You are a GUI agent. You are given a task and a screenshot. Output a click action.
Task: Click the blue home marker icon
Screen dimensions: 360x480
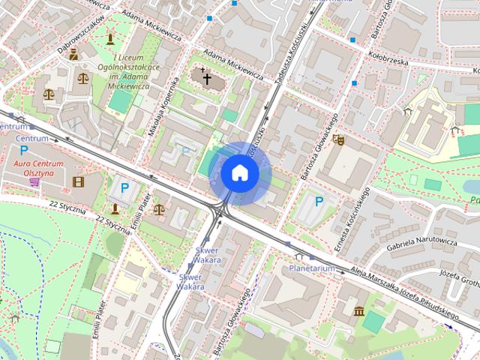point(240,173)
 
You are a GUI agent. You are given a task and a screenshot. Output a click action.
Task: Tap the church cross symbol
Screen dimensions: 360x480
point(207,77)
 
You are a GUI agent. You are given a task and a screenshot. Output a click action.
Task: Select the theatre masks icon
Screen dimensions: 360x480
point(338,139)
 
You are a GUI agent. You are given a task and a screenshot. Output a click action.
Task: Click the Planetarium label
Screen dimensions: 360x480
point(311,268)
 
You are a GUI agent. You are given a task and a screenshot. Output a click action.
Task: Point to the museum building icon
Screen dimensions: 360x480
point(359,310)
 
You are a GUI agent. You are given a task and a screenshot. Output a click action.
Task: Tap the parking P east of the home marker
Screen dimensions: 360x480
point(319,201)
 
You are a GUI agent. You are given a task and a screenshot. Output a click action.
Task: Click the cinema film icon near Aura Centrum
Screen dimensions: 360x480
point(79,181)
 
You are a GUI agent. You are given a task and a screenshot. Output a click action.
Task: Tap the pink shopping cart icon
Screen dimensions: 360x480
point(35,181)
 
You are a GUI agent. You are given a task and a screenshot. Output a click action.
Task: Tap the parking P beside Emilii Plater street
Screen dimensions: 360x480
point(124,188)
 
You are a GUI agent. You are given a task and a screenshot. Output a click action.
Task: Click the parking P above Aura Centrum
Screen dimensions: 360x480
point(23,150)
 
